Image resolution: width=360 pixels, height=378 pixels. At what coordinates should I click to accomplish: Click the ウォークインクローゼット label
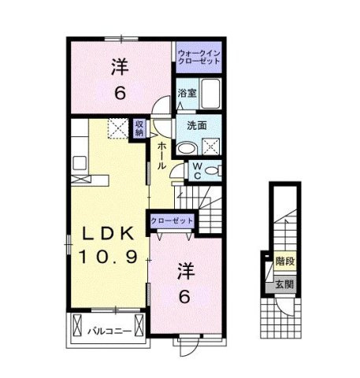pos(199,57)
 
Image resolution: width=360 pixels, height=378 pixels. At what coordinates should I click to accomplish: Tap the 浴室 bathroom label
pos(187,93)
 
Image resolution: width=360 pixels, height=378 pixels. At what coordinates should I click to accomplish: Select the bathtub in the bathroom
pos(210,93)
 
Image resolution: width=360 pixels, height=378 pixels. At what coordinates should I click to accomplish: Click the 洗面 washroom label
pos(197,126)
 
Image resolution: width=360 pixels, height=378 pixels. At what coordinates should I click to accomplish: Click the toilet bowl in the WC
pos(212,171)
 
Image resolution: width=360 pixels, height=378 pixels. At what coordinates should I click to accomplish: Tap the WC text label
pos(198,171)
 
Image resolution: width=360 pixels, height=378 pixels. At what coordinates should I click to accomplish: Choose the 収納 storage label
pos(139,128)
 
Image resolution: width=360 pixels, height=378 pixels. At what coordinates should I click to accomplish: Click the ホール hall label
pos(161,156)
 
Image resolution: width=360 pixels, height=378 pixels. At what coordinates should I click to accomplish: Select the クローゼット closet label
pos(172,220)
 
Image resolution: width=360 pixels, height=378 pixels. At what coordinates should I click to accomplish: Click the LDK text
pos(109,234)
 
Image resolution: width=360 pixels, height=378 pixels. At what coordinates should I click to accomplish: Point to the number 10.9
pos(108,257)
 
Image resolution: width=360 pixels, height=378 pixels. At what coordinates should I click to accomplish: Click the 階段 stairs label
pos(285,261)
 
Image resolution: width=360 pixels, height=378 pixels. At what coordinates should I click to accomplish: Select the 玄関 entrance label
pos(284,284)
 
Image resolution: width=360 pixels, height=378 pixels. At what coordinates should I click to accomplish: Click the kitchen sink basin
pos(80,163)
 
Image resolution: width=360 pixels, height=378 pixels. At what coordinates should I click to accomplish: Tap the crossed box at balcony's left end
pos(77,325)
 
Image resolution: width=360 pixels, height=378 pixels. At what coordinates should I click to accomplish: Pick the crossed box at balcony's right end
pos(139,325)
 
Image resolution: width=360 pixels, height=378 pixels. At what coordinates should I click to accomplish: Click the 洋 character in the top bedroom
pos(120,67)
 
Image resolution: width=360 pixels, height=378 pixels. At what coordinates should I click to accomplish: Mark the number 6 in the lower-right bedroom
pos(184,297)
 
